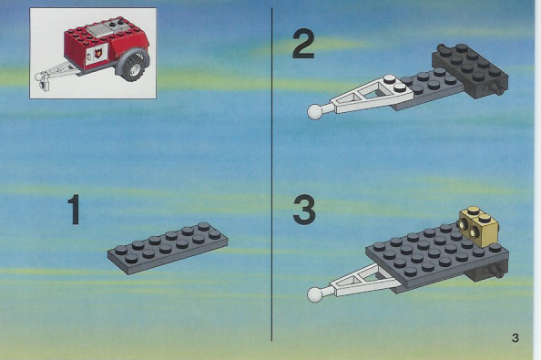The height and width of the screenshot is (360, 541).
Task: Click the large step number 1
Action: tap(74, 210)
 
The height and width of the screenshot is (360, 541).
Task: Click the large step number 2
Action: tap(303, 44)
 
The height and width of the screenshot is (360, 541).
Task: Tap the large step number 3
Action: tap(304, 210)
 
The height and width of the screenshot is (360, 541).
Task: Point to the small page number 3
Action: tap(515, 337)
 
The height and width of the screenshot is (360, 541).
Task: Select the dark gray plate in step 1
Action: tap(168, 248)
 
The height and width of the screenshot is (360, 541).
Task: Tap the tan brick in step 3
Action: tap(479, 226)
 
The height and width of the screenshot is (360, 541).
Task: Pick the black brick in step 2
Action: tap(470, 71)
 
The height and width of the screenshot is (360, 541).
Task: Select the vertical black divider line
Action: tap(272, 174)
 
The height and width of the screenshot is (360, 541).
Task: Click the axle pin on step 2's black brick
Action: tap(497, 88)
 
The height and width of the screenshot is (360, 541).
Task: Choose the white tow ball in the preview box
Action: tap(38, 77)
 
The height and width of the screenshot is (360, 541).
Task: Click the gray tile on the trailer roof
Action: tap(98, 30)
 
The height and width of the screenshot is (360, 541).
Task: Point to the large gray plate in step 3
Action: tap(437, 255)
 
